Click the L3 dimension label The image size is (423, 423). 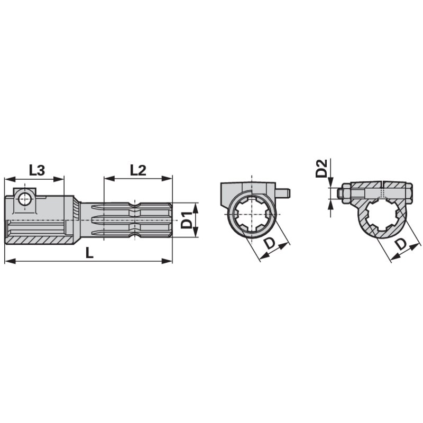pos(36,170)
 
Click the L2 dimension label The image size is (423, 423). pos(138,170)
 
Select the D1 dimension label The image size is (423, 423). pos(186,220)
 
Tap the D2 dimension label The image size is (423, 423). pos(321,168)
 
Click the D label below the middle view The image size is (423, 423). pos(270,243)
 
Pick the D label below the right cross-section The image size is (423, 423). pos(401,244)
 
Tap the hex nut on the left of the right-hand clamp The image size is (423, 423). pos(346,193)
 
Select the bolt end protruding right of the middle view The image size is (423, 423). pos(283,192)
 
